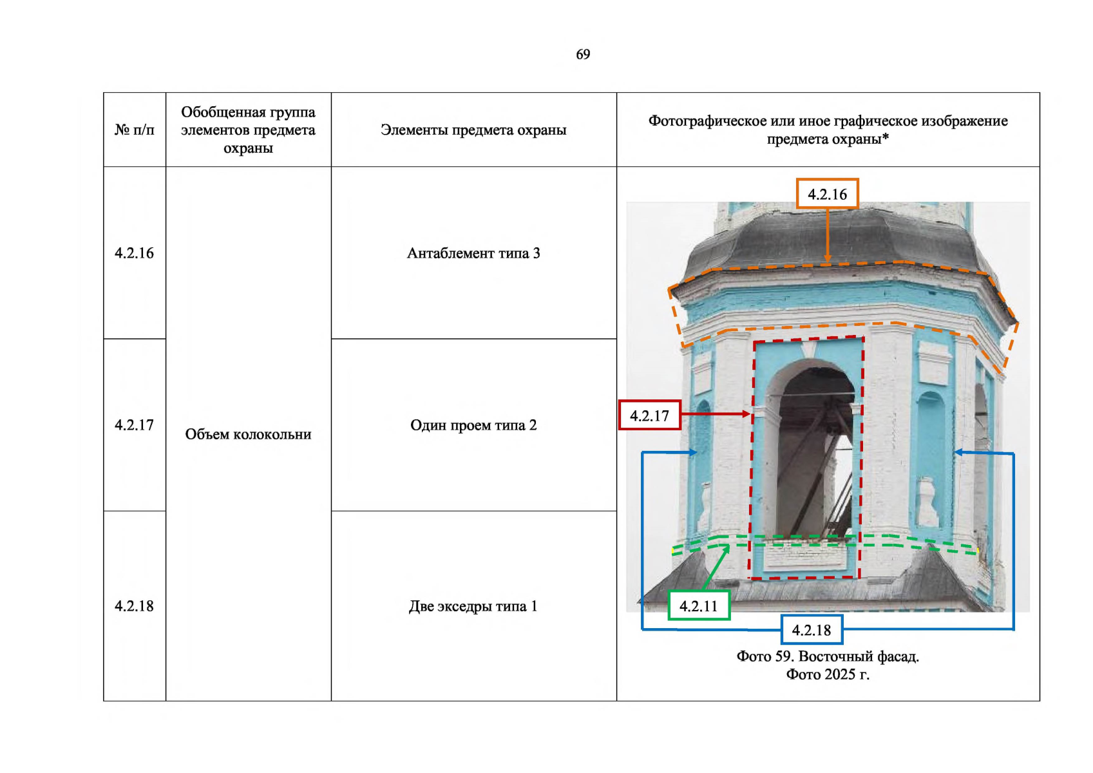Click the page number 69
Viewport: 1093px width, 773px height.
tap(583, 54)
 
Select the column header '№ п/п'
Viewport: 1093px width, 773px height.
tap(134, 130)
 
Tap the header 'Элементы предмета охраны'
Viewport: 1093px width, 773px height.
tap(473, 130)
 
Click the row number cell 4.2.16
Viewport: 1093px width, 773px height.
tap(134, 253)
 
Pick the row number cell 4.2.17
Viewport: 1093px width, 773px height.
tap(134, 425)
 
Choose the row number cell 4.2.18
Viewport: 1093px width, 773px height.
tap(134, 606)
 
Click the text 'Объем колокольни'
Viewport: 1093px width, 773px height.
tap(248, 434)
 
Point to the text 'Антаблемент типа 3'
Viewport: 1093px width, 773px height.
tap(473, 253)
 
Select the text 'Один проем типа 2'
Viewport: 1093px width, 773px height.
tap(473, 425)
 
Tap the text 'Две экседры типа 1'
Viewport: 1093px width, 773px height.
tap(473, 606)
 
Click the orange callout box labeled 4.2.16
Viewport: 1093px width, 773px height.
tap(827, 194)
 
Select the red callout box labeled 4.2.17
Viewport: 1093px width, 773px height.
tap(649, 415)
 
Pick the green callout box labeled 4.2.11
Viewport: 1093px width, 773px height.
tap(699, 606)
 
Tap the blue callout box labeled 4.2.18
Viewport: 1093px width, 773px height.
tap(812, 629)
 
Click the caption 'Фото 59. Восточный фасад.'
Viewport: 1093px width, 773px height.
tap(828, 656)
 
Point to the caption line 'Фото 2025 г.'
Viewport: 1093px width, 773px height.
tap(828, 674)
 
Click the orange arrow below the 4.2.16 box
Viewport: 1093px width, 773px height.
tap(828, 236)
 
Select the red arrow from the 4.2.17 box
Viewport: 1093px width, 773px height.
tap(716, 414)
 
